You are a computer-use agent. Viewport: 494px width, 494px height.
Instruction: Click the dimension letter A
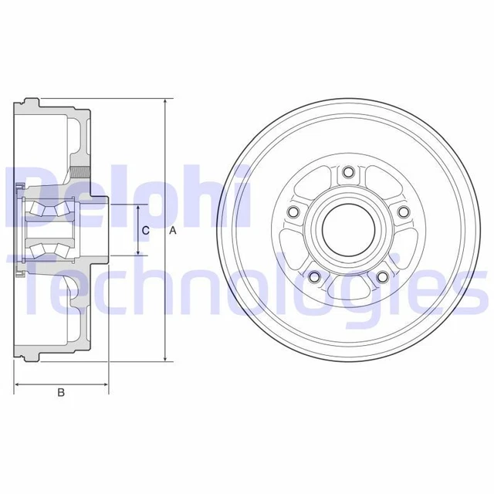point(173,230)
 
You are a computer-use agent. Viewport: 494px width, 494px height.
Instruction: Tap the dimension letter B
point(61,393)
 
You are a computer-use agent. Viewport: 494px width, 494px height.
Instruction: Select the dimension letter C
point(145,230)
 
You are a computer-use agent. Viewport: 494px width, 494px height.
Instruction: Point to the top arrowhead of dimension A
point(164,103)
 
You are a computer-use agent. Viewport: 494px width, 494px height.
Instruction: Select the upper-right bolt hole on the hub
point(402,211)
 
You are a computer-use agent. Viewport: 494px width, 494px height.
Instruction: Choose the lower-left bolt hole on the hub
point(313,277)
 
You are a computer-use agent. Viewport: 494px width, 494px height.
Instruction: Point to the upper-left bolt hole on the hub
point(292,211)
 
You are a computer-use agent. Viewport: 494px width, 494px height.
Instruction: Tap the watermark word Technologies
point(255,289)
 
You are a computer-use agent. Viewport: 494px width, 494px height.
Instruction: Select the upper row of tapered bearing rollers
point(48,207)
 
